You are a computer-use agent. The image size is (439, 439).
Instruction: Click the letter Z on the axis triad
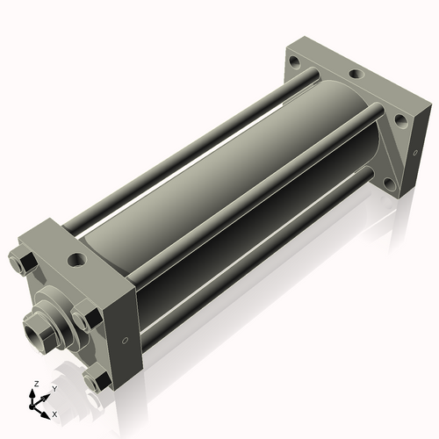click(x=36, y=384)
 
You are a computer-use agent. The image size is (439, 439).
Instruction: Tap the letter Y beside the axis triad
click(x=54, y=389)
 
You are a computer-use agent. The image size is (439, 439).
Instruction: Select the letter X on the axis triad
click(x=54, y=414)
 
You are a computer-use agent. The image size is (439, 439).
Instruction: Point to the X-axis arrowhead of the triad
click(x=45, y=415)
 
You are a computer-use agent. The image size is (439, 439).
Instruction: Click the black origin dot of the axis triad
click(x=32, y=407)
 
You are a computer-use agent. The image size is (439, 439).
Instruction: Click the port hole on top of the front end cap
click(x=77, y=259)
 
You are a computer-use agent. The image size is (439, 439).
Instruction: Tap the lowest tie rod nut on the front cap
click(x=97, y=381)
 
